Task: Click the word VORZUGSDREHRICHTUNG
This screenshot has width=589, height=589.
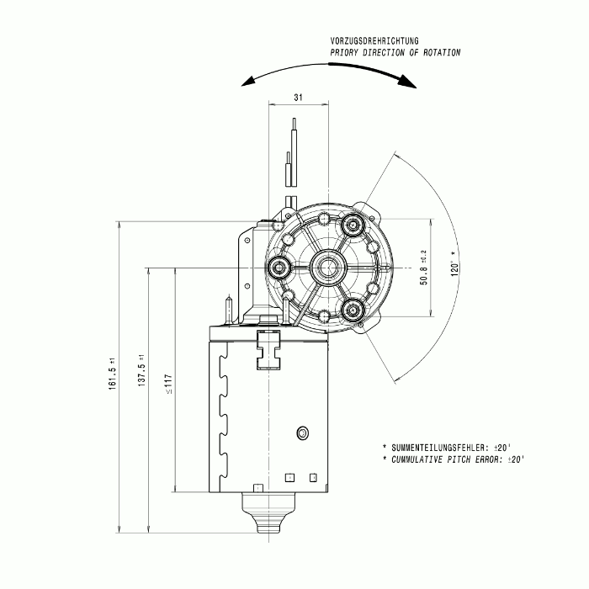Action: (x=374, y=40)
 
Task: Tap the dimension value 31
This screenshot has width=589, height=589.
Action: (x=298, y=98)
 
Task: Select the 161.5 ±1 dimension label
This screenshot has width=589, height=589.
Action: (x=113, y=374)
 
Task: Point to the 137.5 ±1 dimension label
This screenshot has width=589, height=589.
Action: (x=141, y=370)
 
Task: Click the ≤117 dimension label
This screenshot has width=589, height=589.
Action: (x=168, y=384)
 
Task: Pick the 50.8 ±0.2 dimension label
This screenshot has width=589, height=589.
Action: (x=423, y=268)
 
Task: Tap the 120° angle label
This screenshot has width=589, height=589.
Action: (x=455, y=263)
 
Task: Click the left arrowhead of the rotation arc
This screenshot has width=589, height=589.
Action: (x=248, y=81)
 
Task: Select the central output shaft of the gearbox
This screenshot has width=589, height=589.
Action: (x=328, y=268)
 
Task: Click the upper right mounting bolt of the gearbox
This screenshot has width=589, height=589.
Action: (x=353, y=225)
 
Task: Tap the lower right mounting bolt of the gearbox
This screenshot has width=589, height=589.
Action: (x=353, y=310)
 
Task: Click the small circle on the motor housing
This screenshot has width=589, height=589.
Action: (x=302, y=433)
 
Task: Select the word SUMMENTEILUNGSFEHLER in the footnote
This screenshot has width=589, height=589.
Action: (x=439, y=448)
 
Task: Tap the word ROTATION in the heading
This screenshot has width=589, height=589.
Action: (x=442, y=52)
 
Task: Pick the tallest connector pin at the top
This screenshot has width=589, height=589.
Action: (x=294, y=152)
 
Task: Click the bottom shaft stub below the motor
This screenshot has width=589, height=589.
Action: (x=269, y=512)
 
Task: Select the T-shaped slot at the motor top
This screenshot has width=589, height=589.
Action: (x=268, y=350)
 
